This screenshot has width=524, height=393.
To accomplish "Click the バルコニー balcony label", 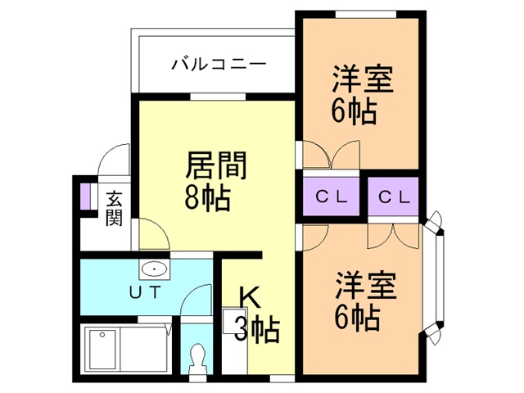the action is click(x=219, y=64).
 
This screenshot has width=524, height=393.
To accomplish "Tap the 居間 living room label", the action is click(x=216, y=165).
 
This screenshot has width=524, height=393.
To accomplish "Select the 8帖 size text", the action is click(x=207, y=197).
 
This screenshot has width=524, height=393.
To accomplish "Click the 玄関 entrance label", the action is click(x=114, y=208).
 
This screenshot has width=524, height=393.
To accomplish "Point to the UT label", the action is click(x=146, y=293).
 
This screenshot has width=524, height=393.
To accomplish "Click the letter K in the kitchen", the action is click(x=249, y=298).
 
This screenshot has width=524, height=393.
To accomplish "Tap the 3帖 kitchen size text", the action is click(x=256, y=329).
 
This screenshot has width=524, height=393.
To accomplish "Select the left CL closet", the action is click(x=331, y=196).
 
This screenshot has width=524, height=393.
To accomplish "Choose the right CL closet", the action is click(x=393, y=196).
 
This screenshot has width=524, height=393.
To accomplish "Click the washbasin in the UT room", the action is click(x=154, y=269).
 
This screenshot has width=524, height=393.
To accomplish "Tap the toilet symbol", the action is click(x=196, y=359).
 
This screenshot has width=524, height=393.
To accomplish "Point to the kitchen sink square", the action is click(x=235, y=321).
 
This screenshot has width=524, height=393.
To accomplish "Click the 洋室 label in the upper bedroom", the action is click(x=363, y=79).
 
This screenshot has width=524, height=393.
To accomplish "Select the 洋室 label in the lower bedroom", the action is click(x=366, y=285).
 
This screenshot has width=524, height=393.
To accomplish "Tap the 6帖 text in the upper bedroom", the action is click(x=355, y=111).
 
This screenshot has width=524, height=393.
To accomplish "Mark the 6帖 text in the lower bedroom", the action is click(x=357, y=318).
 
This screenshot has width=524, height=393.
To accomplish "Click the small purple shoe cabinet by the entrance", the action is click(x=85, y=196).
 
